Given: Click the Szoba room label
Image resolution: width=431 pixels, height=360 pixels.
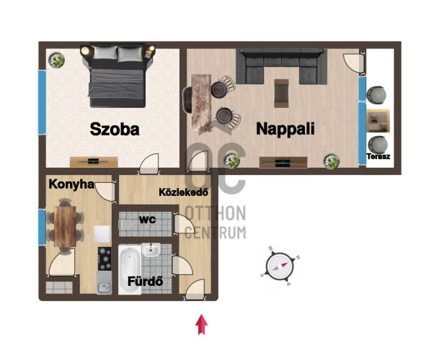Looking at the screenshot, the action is (x=115, y=129).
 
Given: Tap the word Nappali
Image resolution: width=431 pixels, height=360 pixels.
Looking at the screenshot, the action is (x=285, y=128).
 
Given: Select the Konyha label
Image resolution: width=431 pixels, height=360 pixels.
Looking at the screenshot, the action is (x=71, y=184).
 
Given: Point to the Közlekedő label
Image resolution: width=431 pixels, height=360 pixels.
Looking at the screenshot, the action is (x=183, y=192).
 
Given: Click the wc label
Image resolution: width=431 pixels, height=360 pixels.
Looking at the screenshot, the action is (x=147, y=220).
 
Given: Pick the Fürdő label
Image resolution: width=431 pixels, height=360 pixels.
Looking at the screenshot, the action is (x=146, y=282).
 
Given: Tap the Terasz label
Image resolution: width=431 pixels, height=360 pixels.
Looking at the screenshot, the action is (x=378, y=156).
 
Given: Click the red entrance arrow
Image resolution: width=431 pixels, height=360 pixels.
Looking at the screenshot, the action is (x=202, y=324).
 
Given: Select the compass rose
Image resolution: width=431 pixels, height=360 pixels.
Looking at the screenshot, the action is (x=280, y=266).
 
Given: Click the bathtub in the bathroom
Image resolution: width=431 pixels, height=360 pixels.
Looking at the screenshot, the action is (x=130, y=270).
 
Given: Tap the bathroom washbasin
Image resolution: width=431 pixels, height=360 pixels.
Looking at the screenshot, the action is (x=151, y=250).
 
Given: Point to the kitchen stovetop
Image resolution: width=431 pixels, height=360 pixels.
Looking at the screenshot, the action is (x=105, y=259).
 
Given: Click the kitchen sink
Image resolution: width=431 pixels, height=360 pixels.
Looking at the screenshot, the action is (x=105, y=284).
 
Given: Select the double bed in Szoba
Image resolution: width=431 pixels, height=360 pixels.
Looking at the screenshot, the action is (x=117, y=76).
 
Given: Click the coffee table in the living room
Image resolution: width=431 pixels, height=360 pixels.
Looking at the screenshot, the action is (x=282, y=94).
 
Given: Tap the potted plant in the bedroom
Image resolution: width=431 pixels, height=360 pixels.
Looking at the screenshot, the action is (x=57, y=60).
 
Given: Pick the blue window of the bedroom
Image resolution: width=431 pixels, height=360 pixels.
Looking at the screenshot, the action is (x=42, y=102).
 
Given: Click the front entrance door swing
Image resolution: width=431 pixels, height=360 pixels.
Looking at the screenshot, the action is (x=195, y=289).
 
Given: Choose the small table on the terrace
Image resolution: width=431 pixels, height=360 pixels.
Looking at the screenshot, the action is (x=378, y=120).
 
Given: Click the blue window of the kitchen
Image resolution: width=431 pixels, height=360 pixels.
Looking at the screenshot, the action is (x=42, y=227).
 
